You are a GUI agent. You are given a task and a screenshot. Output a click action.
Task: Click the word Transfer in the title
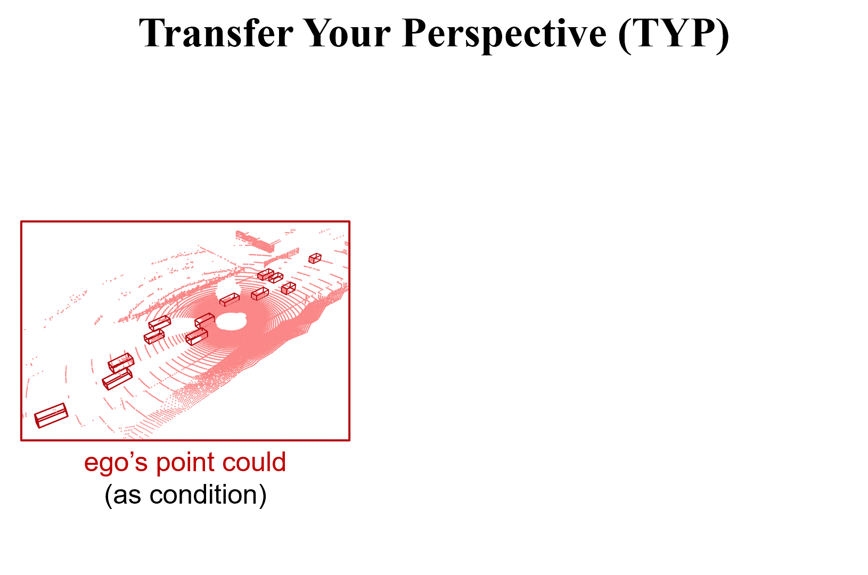click(x=215, y=34)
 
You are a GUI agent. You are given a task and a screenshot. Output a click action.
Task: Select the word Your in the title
click(x=347, y=34)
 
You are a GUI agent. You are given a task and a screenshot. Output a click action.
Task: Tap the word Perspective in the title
click(x=504, y=34)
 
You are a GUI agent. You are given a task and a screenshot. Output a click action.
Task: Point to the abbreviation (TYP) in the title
click(x=674, y=34)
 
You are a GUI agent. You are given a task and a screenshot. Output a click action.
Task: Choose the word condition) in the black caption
click(x=208, y=495)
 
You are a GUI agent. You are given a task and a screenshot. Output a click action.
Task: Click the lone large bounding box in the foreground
click(x=51, y=415)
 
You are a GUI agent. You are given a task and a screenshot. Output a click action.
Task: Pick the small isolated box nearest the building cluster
click(x=315, y=258)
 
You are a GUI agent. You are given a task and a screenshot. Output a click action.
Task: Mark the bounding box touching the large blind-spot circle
click(x=204, y=320)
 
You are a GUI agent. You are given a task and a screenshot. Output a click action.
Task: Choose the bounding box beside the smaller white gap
click(x=230, y=300)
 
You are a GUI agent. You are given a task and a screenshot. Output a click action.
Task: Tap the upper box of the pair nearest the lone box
click(x=121, y=363)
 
